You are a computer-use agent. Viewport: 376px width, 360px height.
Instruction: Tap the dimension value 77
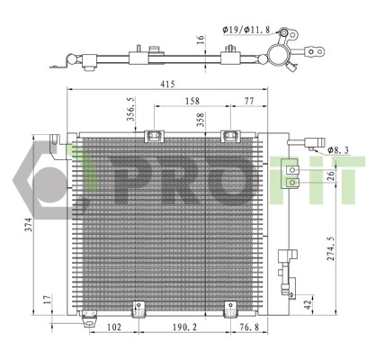tap(248, 103)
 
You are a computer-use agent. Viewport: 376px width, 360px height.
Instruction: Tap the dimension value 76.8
tap(245, 328)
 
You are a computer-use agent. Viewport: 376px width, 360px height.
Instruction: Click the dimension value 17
tap(48, 301)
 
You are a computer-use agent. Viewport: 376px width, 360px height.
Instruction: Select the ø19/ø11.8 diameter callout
tap(242, 29)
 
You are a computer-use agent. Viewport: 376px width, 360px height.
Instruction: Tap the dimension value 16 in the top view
tap(201, 40)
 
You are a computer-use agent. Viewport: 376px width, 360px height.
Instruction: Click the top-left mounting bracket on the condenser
tap(153, 137)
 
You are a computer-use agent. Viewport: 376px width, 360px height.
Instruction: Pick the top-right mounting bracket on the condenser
tap(229, 137)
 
